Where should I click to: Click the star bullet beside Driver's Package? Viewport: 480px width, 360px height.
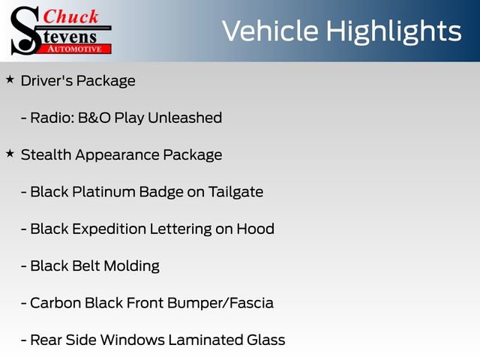[10, 79]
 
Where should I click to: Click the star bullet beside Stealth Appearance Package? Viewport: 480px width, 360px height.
[10, 154]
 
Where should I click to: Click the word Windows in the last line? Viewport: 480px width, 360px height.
[130, 340]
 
